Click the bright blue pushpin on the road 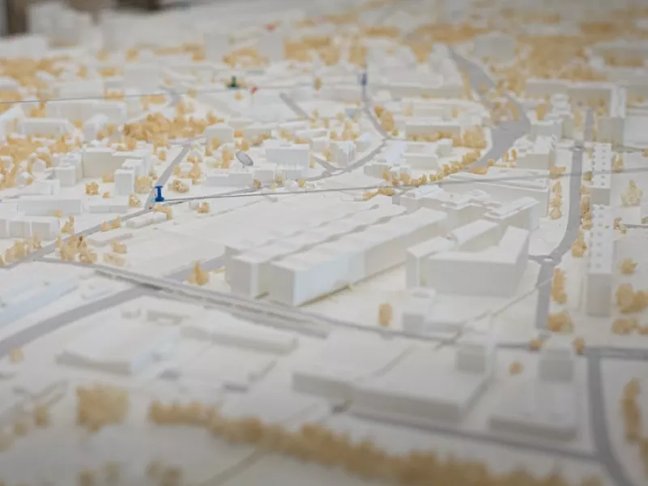point(159,194)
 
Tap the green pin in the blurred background point(233,82)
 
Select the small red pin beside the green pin point(253,89)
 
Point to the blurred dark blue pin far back point(364,79)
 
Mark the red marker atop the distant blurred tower point(271,27)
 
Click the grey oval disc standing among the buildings point(245,159)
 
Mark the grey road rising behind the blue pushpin point(174,162)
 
